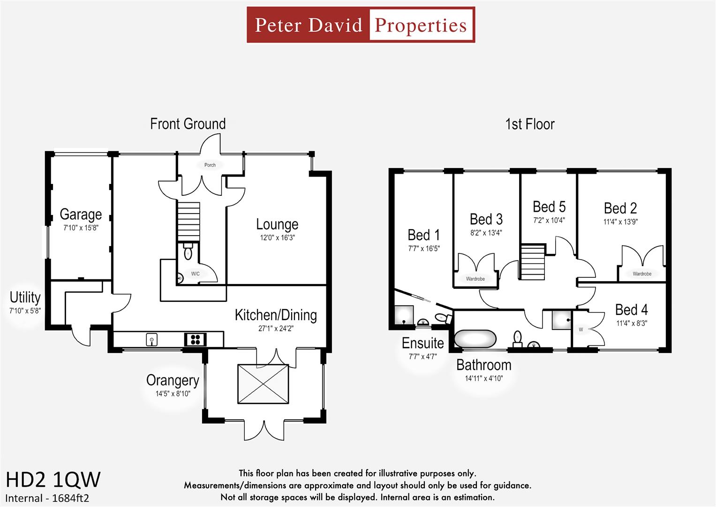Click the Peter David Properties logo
click(x=361, y=25)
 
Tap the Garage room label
click(x=81, y=215)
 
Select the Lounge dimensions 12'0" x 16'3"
click(x=277, y=238)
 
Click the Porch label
click(x=210, y=165)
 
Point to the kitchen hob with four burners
click(x=196, y=339)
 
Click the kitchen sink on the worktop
click(x=151, y=339)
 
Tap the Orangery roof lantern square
click(x=263, y=384)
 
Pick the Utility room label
click(x=25, y=298)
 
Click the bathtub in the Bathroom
click(x=475, y=338)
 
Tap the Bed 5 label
click(x=549, y=207)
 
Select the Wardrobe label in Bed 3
click(x=475, y=279)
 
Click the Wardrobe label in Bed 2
click(x=642, y=274)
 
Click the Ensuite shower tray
click(x=404, y=316)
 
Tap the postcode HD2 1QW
click(x=53, y=480)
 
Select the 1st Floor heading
click(x=530, y=124)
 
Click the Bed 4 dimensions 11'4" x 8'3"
click(x=631, y=323)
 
